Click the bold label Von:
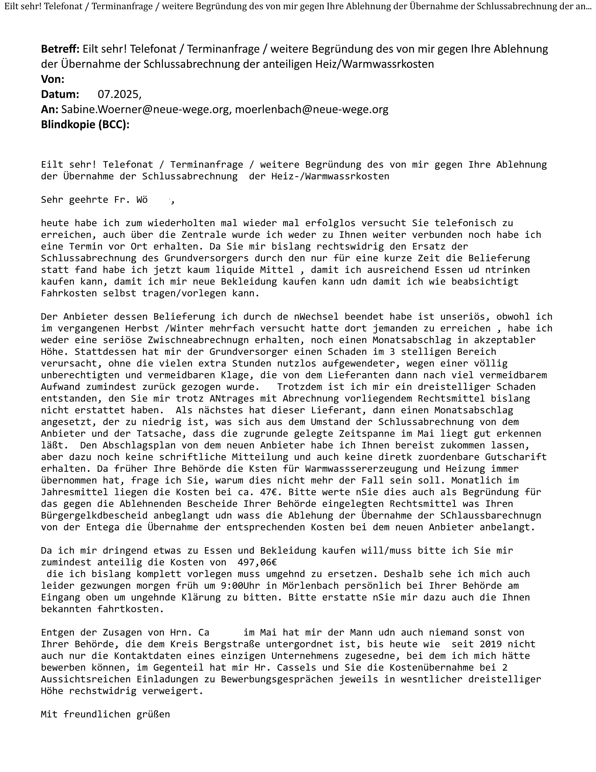53,79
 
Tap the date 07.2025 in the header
119,94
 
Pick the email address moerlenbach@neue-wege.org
311,109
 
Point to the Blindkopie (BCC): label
85,125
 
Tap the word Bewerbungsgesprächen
277,679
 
